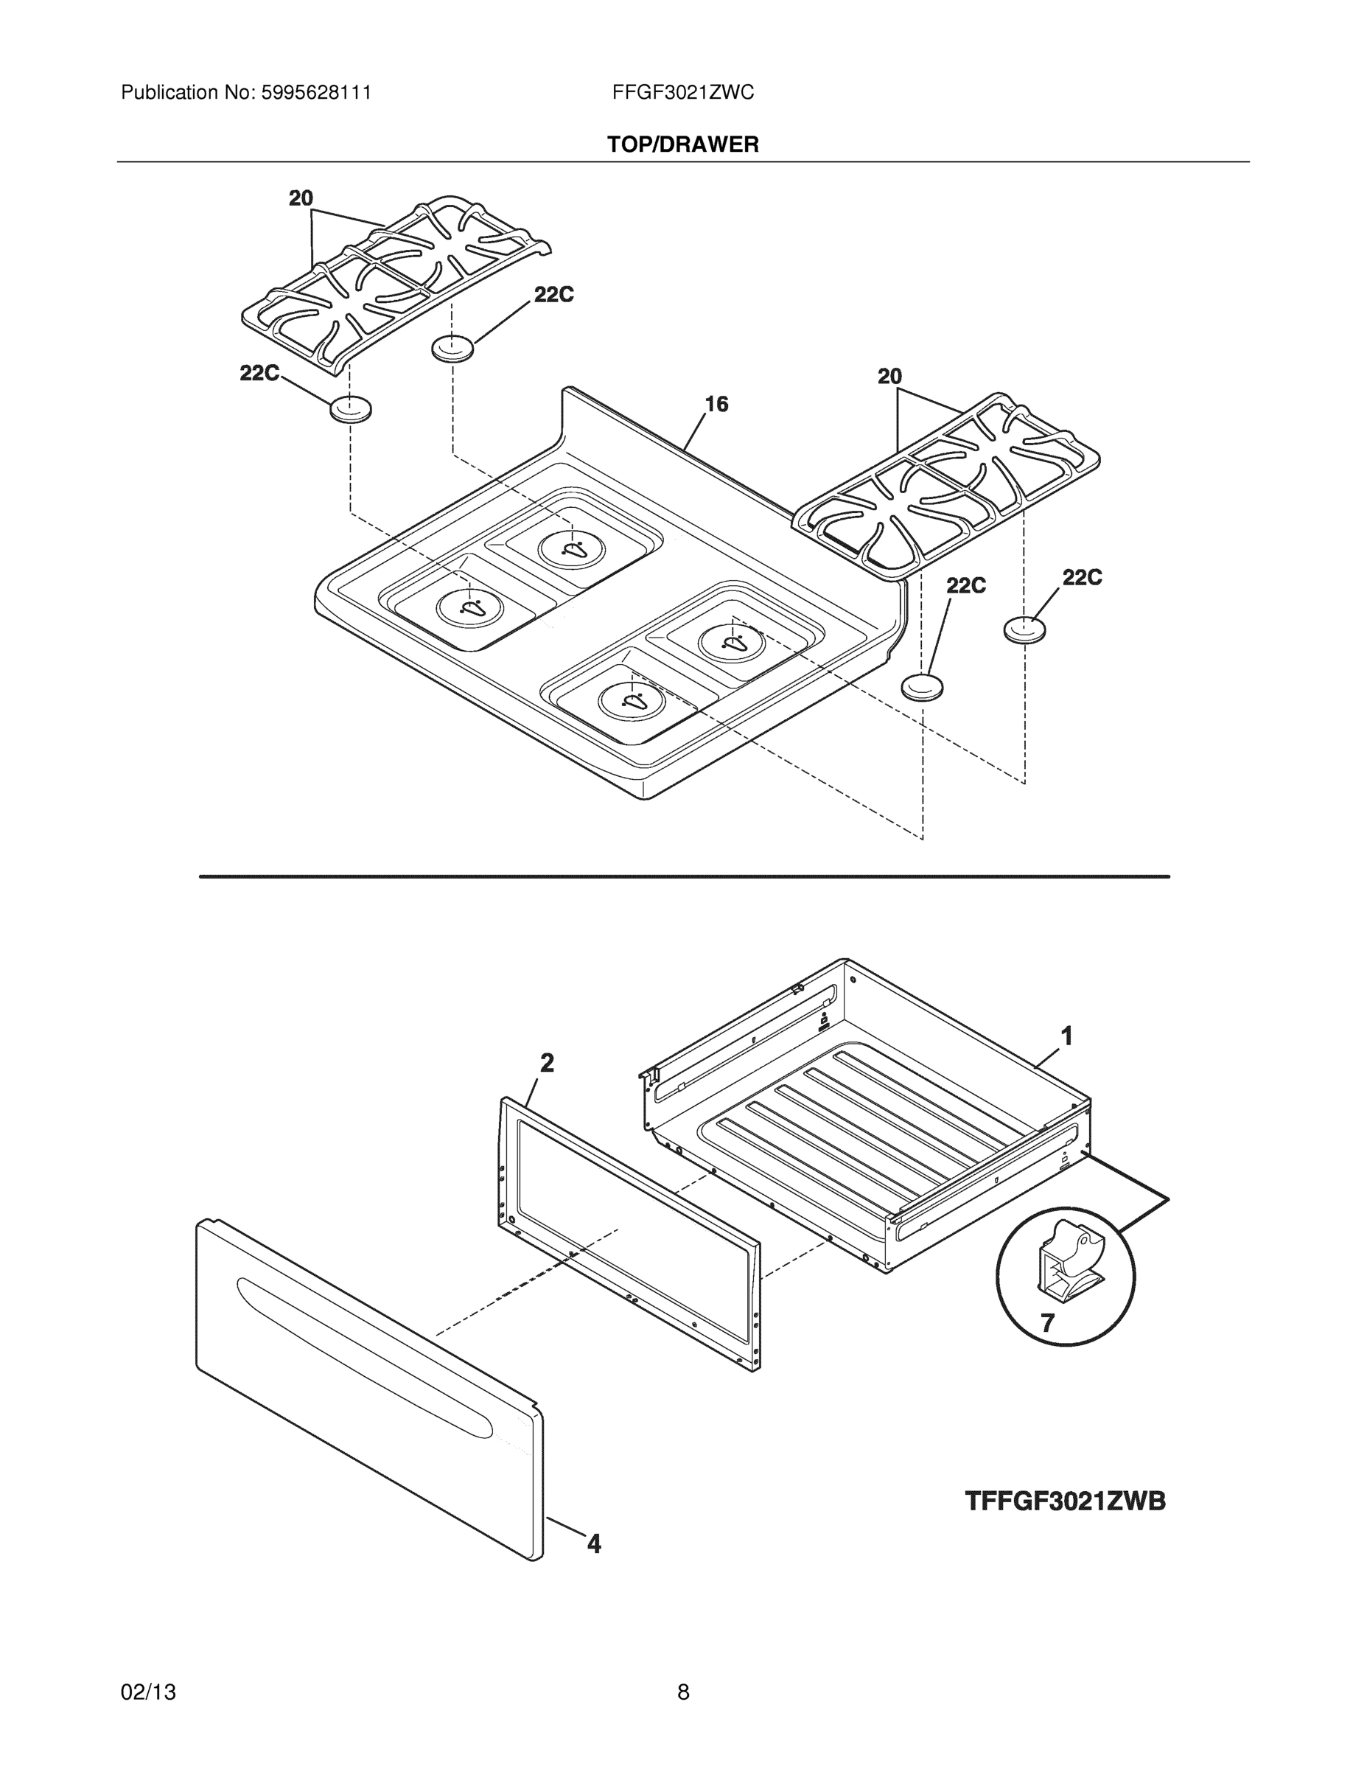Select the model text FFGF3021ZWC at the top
(682, 93)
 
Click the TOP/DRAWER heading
(682, 145)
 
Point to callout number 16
(716, 404)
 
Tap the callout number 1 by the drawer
(1066, 1035)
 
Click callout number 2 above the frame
(547, 1063)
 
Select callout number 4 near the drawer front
(594, 1544)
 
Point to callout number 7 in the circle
(1047, 1323)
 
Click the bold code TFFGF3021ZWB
(1065, 1501)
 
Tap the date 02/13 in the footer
(148, 1692)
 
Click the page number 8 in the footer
(682, 1692)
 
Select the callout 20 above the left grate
(301, 198)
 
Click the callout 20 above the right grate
(889, 377)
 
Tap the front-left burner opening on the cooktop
(470, 607)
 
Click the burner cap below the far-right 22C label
(1024, 629)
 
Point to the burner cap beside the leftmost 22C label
(351, 410)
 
